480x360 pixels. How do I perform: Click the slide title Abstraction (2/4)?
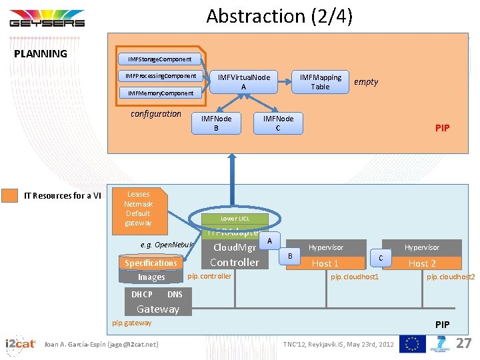pyautogui.click(x=279, y=16)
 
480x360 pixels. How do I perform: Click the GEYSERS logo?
pyautogui.click(x=47, y=19)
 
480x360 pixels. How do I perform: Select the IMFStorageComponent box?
pyautogui.click(x=159, y=59)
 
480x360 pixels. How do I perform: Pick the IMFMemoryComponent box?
pyautogui.click(x=160, y=93)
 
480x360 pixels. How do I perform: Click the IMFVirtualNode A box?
pyautogui.click(x=243, y=81)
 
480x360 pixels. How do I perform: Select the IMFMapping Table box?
pyautogui.click(x=320, y=81)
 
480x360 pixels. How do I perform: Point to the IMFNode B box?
pyautogui.click(x=215, y=123)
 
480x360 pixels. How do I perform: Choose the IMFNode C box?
pyautogui.click(x=278, y=123)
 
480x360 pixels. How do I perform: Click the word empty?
pyautogui.click(x=365, y=82)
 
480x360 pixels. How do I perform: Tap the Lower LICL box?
pyautogui.click(x=235, y=219)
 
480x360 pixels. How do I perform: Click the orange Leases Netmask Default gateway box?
pyautogui.click(x=138, y=209)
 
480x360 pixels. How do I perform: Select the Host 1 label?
pyautogui.click(x=325, y=263)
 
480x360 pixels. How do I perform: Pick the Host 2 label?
pyautogui.click(x=422, y=263)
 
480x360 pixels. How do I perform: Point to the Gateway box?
pyautogui.click(x=158, y=309)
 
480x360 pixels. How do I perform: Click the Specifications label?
pyautogui.click(x=151, y=263)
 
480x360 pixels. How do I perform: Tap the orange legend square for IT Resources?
pyautogui.click(x=10, y=195)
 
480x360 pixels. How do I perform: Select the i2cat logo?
pyautogui.click(x=20, y=343)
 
